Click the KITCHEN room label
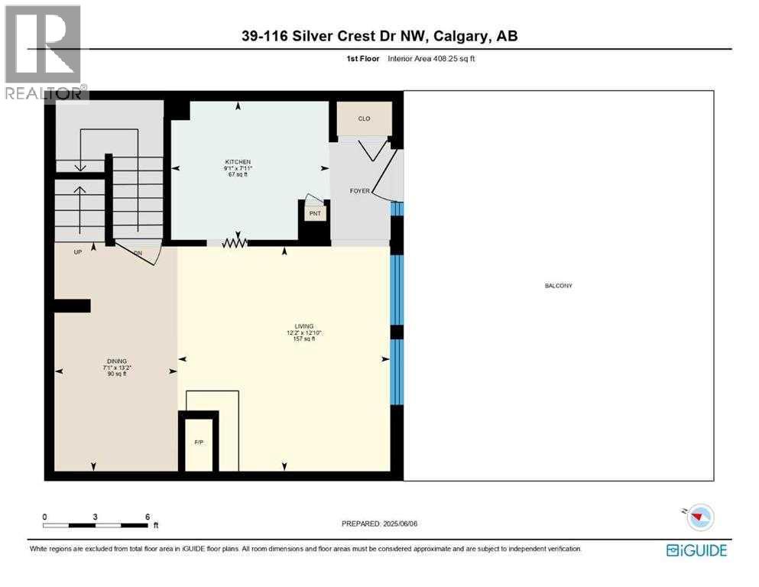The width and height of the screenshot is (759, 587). point(236,162)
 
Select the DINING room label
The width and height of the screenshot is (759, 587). point(116,361)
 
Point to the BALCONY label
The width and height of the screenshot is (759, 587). point(558,286)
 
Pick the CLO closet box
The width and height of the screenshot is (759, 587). point(365,119)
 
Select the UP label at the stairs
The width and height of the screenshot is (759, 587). point(78,251)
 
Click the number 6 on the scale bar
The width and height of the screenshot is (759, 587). point(147,517)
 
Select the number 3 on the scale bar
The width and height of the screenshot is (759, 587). point(96,517)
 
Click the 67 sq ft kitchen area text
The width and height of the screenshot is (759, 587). point(236,175)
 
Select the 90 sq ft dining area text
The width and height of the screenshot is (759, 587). point(116,374)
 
